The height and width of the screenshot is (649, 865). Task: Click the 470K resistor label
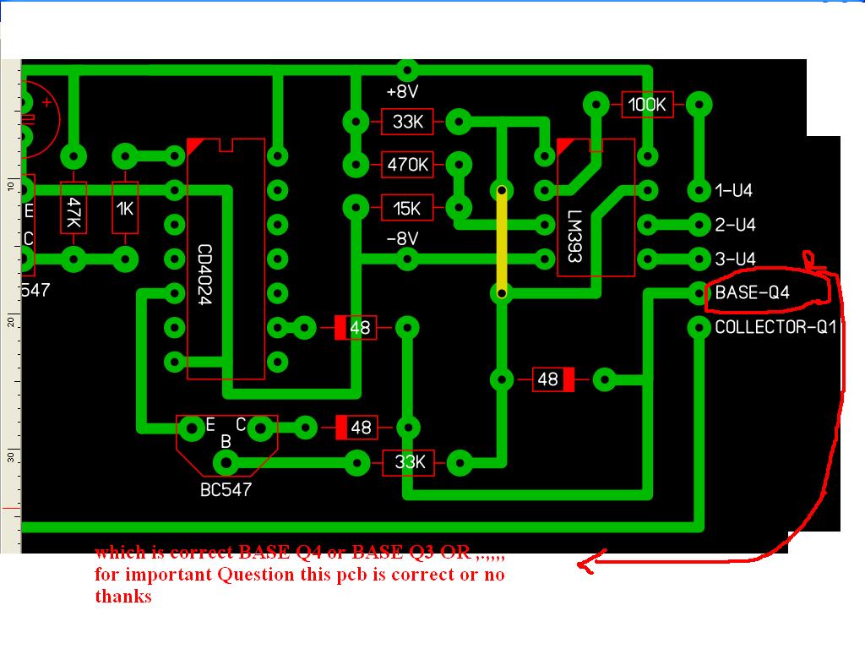[408, 165]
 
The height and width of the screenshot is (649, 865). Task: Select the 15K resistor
[408, 207]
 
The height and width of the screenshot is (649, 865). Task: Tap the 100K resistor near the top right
[647, 105]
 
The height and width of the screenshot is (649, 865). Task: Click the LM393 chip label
[575, 237]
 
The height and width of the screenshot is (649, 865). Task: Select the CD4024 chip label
[205, 275]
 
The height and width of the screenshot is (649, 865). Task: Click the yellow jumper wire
[503, 242]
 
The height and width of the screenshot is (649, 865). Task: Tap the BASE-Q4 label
[764, 292]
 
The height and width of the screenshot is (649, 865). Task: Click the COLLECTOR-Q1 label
[775, 327]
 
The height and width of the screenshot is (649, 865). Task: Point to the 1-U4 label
[733, 191]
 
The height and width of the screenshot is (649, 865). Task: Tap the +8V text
[403, 91]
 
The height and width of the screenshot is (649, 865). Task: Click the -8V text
[403, 239]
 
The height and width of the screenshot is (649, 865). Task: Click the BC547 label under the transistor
[226, 489]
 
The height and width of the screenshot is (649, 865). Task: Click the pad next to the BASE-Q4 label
[699, 293]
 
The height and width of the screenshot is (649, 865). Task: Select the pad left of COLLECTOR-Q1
[699, 327]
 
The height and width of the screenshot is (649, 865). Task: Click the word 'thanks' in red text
[123, 597]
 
